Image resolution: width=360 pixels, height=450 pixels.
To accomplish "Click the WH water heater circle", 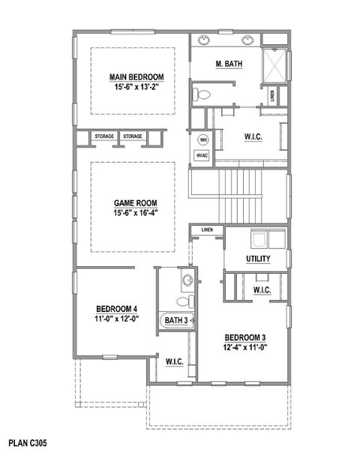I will click(202, 140).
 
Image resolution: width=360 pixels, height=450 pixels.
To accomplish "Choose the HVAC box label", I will click(202, 155).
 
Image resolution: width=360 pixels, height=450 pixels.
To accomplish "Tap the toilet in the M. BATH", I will click(200, 94).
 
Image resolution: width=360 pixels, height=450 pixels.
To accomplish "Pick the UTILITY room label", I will click(257, 259).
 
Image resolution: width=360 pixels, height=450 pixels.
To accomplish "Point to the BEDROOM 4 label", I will click(116, 309).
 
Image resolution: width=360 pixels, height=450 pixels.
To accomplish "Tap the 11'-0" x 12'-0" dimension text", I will click(116, 319).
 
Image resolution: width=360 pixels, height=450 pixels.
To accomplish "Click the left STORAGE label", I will click(104, 136).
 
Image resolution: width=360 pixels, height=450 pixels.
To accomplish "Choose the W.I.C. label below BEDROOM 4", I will click(174, 362).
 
